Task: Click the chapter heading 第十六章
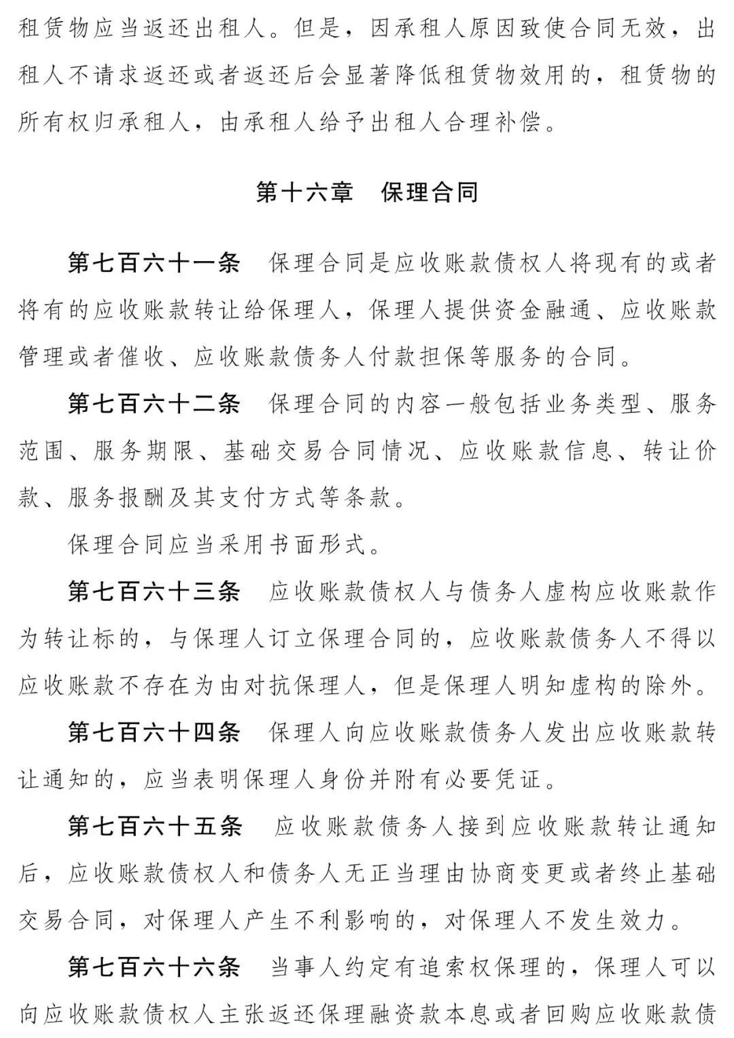point(304,192)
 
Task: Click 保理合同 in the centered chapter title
point(430,192)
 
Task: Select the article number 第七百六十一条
point(155,264)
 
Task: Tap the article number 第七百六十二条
point(155,404)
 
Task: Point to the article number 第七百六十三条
point(155,591)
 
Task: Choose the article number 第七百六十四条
point(155,732)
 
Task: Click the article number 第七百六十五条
point(155,826)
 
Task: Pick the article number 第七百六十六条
point(155,967)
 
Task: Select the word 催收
point(143,358)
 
